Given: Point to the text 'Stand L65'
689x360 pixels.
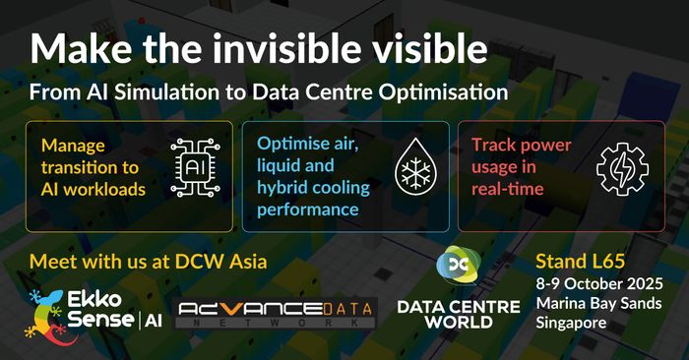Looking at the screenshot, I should [580, 263].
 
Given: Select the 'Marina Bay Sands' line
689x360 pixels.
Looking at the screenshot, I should [593, 303].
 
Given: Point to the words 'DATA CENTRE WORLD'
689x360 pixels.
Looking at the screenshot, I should [458, 316].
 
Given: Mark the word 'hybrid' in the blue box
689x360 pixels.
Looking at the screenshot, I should [283, 187].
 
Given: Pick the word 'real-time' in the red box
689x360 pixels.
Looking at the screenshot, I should [504, 188].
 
